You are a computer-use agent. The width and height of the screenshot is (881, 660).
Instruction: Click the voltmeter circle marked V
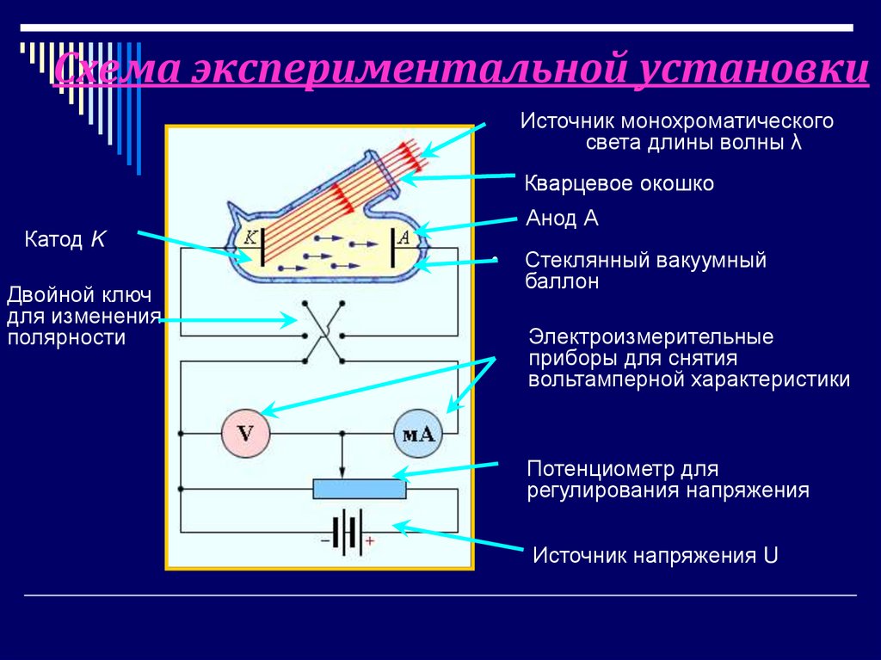246,434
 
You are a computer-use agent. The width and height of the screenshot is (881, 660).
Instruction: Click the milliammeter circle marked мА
417,434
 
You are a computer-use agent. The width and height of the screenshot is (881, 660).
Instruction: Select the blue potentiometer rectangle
359,489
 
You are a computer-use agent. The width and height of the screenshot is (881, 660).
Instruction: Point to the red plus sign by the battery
370,541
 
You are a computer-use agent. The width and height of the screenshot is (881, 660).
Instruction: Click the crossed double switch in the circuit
323,332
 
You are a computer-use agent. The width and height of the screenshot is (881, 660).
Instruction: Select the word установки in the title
752,71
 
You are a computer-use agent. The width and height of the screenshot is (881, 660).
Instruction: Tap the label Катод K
65,239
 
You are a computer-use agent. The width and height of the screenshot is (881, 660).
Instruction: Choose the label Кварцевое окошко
619,184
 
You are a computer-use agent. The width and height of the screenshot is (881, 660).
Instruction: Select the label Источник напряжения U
655,555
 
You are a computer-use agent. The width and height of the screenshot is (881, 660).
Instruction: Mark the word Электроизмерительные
651,336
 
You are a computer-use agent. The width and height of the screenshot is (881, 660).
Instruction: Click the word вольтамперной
603,379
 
